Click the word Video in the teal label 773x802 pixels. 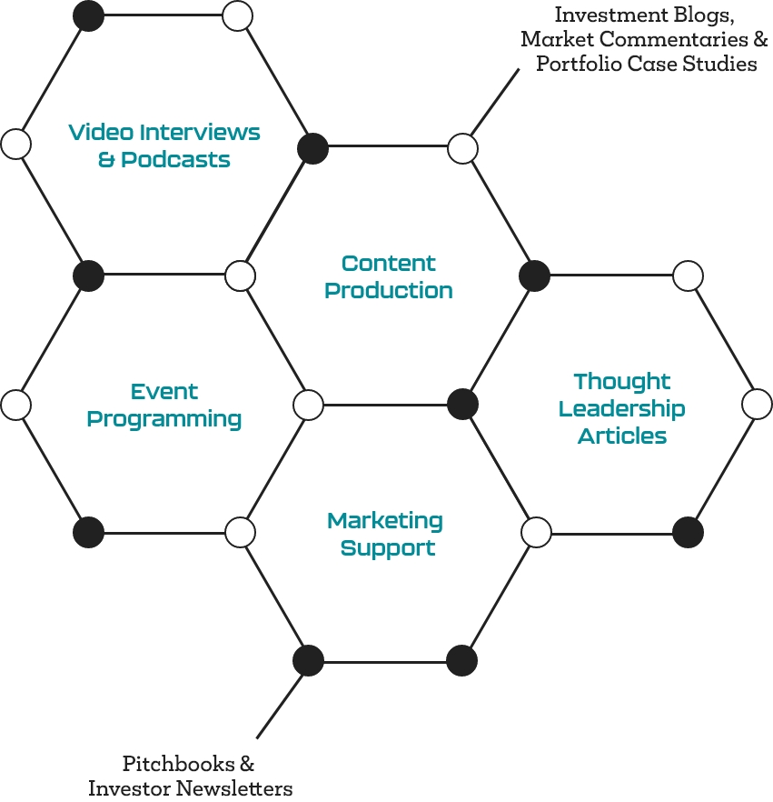95,133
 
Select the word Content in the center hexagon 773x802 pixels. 389,264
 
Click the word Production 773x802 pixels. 389,291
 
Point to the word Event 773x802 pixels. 164,392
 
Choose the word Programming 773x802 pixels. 164,419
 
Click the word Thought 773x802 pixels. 622,382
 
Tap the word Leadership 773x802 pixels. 622,409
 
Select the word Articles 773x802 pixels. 622,436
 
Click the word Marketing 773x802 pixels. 385,521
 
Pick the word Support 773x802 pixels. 388,548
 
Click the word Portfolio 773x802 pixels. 575,65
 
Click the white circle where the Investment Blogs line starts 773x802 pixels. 463,147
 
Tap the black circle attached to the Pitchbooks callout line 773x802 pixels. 309,660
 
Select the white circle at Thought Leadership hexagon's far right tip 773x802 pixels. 757,404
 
